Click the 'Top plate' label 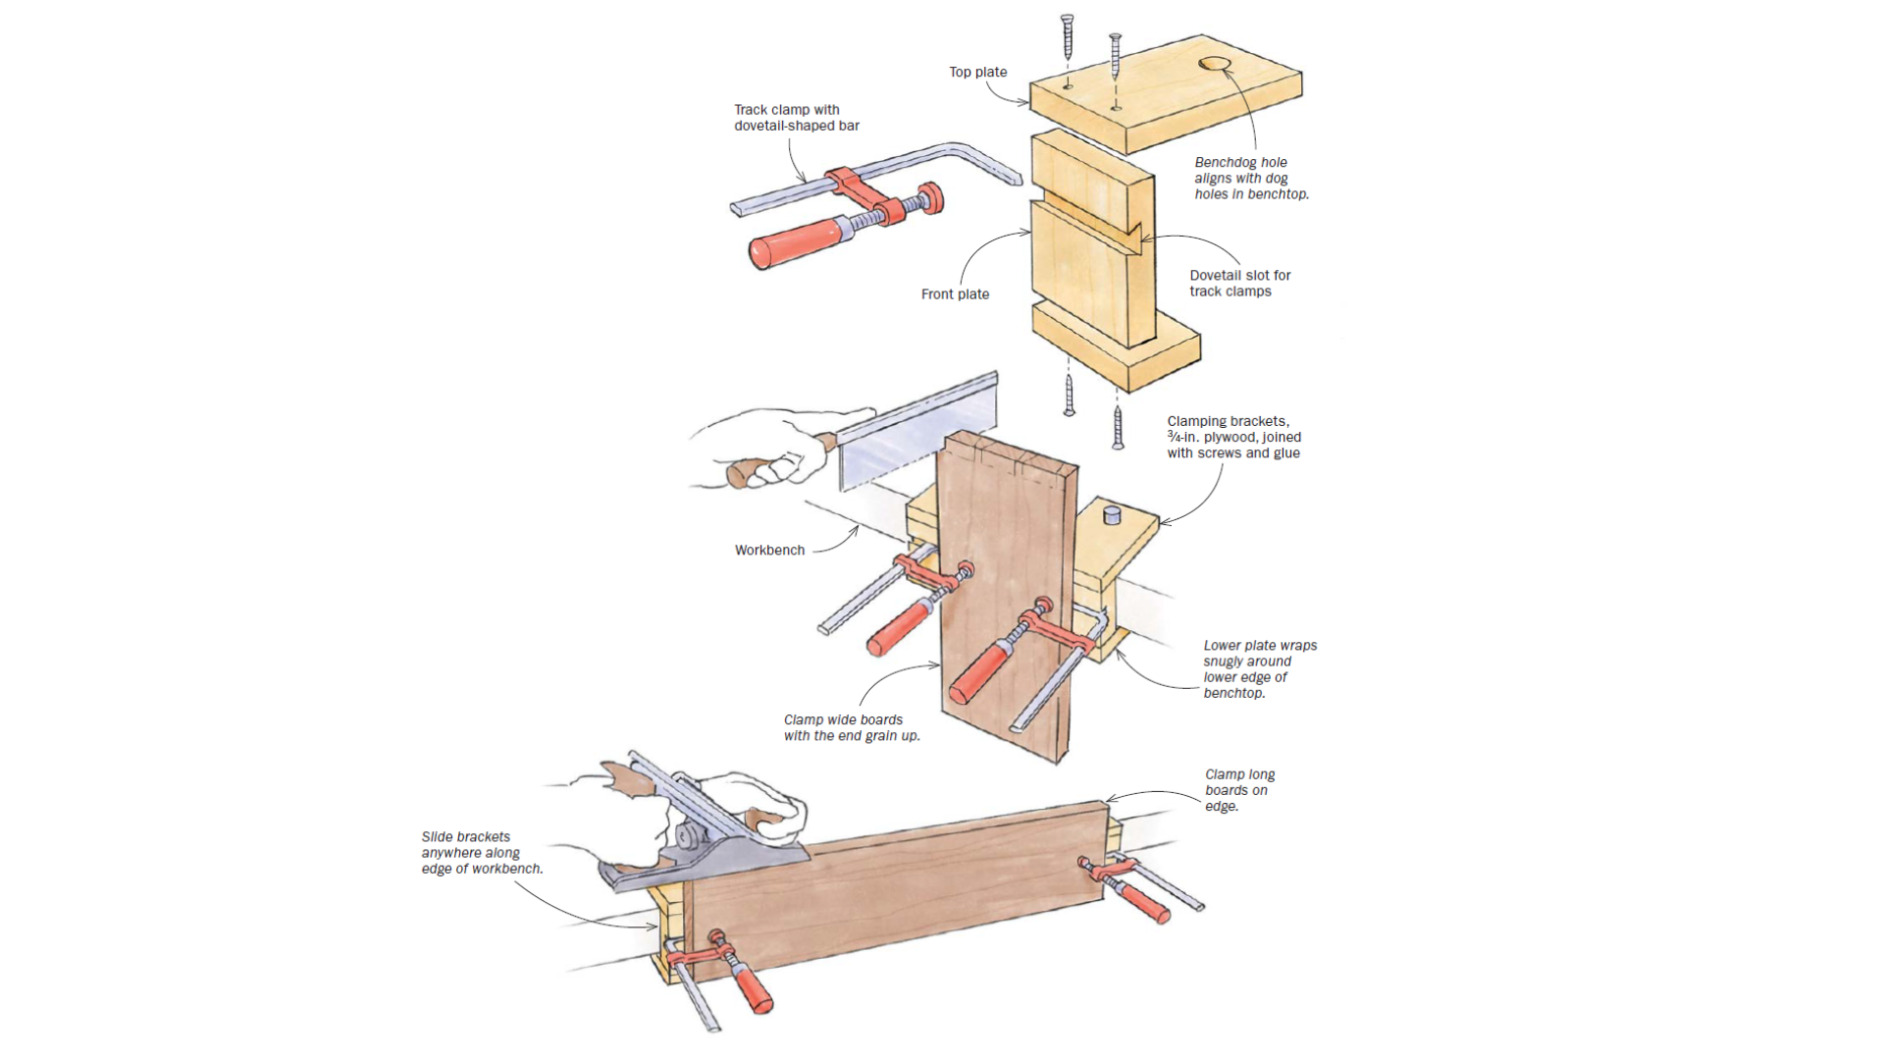(x=977, y=72)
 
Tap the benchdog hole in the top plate (x=1215, y=64)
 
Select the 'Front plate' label (x=954, y=293)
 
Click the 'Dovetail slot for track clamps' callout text (x=1239, y=283)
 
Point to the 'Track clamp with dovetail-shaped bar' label (x=796, y=118)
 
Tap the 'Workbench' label (x=769, y=550)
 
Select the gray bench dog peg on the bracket (x=1112, y=513)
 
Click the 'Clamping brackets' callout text (x=1233, y=437)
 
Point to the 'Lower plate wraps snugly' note (x=1259, y=668)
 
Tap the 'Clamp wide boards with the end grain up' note (x=851, y=727)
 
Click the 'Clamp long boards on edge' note (x=1238, y=790)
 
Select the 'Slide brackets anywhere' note (x=481, y=852)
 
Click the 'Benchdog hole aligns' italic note (x=1251, y=178)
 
